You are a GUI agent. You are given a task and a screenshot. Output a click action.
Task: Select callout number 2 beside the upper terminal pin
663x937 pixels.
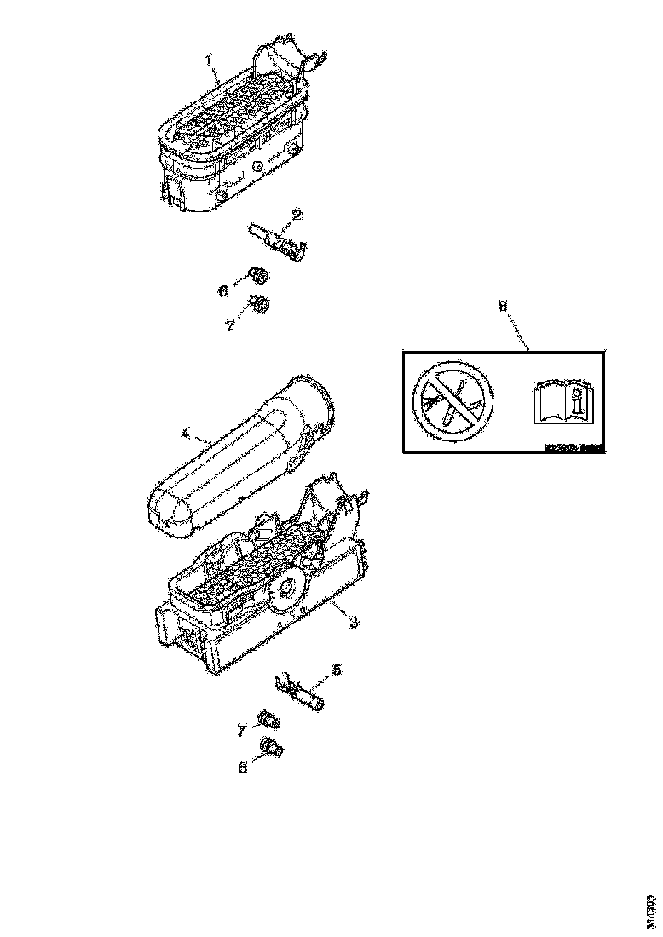click(297, 214)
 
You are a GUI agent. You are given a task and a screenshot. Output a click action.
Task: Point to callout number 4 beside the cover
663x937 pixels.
click(186, 434)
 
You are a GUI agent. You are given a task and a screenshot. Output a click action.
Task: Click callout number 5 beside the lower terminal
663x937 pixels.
click(337, 671)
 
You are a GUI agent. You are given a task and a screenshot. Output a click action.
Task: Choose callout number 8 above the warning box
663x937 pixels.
click(502, 304)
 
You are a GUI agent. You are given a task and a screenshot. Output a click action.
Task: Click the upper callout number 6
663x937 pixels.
click(223, 290)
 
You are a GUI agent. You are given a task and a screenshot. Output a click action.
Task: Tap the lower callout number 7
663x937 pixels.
click(242, 728)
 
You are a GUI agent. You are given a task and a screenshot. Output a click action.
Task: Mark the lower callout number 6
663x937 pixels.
click(243, 767)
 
